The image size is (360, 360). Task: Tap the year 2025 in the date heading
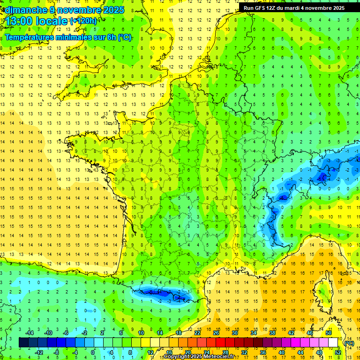(x=112, y=10)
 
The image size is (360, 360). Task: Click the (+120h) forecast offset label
(x=83, y=21)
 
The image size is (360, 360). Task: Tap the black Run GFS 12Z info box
(x=293, y=8)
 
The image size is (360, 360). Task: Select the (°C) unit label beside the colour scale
(x=349, y=343)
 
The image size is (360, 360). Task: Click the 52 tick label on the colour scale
(x=338, y=352)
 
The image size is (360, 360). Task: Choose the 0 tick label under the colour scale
(x=93, y=352)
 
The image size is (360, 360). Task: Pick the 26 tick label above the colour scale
(x=216, y=333)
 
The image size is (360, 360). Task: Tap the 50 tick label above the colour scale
(x=328, y=333)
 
